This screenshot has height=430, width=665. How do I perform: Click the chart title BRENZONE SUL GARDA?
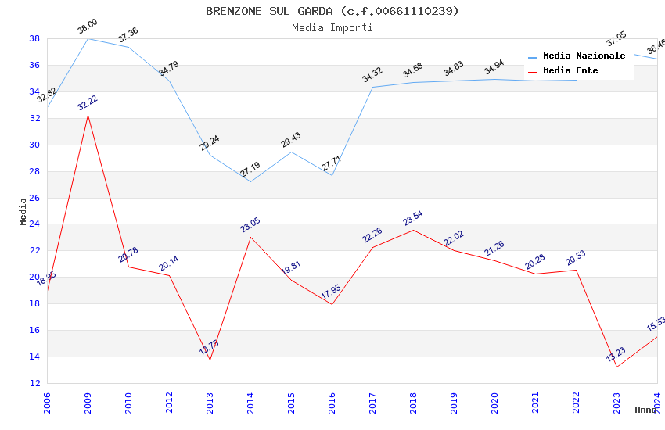coord(332,11)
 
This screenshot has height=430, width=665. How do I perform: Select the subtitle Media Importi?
coord(332,28)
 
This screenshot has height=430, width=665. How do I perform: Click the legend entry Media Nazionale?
coord(584,56)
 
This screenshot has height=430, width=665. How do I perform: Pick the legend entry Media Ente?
coord(570,71)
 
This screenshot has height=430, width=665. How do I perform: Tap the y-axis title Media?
coord(23,211)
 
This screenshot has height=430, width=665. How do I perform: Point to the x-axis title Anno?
coord(645,410)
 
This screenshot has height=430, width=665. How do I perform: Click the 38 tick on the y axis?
coord(34,38)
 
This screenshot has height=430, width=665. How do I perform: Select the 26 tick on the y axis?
coord(34,198)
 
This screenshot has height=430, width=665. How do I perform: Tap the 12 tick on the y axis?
coord(34,383)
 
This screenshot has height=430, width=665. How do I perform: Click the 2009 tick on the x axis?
coord(88,402)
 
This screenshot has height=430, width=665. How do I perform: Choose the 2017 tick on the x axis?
coord(372,402)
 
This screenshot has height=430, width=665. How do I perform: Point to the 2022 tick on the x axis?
coord(576,402)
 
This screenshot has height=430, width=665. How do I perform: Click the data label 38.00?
coord(87,28)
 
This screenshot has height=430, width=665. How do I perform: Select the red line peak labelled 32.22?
coord(88,115)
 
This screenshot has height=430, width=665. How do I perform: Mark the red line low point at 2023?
coord(616,367)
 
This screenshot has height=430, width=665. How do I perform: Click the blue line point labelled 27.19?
coord(250,181)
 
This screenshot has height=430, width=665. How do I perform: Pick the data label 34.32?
coord(372,76)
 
